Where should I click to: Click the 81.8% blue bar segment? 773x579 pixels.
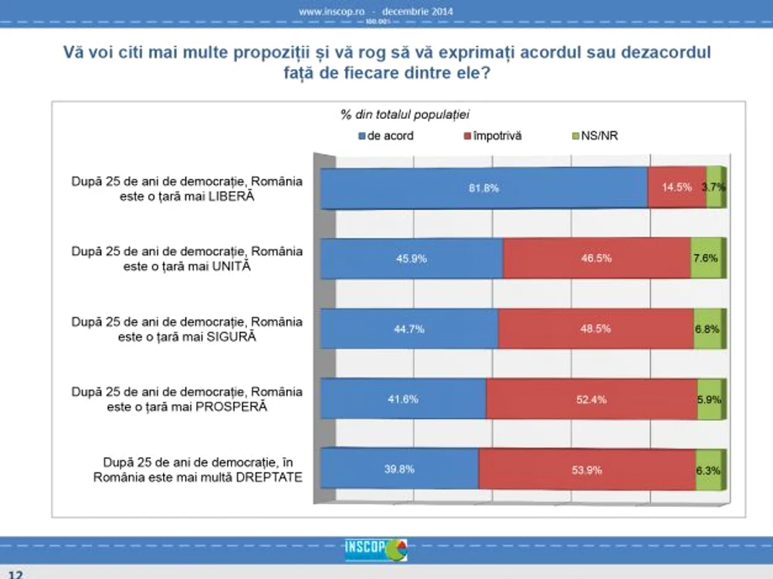point(483,188)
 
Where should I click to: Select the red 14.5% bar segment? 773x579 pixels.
point(677,188)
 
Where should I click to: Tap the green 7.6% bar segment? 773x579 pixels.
point(707,258)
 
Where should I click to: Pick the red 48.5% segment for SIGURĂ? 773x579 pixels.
point(596,329)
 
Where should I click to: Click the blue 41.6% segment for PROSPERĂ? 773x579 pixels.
point(403,398)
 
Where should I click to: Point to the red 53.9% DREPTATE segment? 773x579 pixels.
point(587,469)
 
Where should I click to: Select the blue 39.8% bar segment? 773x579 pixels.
point(399,469)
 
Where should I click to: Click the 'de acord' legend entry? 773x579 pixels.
point(386,136)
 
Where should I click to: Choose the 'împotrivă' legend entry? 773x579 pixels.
point(493,136)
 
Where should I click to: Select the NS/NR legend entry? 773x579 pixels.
point(595,136)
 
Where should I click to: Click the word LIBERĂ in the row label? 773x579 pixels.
point(231,196)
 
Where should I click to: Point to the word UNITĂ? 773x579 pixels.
point(231,266)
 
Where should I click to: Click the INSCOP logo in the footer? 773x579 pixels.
point(376,550)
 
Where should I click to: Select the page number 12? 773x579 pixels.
point(15,574)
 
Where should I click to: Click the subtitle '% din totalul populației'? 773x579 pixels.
point(405,115)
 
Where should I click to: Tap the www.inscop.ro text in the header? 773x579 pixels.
point(331,12)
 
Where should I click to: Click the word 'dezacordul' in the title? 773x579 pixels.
point(666,52)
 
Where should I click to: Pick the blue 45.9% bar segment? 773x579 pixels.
point(412,258)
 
